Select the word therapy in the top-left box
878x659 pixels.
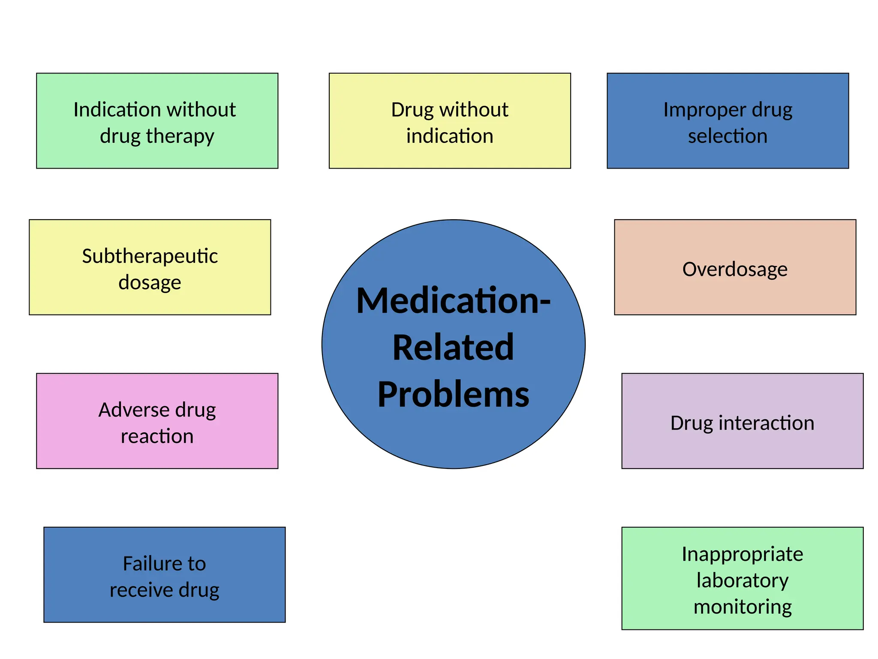[180, 136]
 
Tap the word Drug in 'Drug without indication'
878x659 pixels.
[412, 110]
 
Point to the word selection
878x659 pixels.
[728, 136]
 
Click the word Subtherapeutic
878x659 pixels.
[150, 256]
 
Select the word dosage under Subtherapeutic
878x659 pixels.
[150, 282]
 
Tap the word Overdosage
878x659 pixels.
[735, 269]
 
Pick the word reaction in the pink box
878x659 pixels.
[157, 436]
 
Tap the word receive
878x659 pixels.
[141, 590]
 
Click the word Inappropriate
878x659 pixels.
[742, 554]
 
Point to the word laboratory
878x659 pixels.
[742, 580]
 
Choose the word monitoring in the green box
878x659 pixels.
[742, 607]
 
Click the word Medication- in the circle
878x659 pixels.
[453, 301]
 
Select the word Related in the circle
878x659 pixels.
[453, 348]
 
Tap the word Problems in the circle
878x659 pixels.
[453, 394]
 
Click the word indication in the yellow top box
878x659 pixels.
[450, 136]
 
